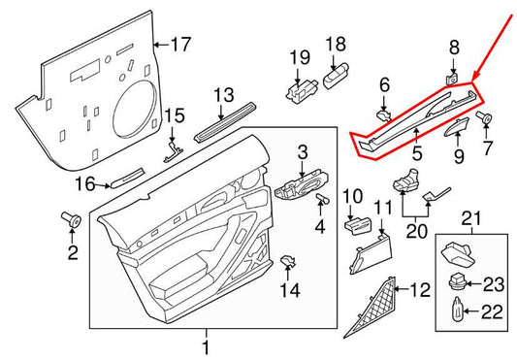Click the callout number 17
(x=180, y=44)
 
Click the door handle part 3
(x=319, y=201)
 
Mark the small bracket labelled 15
(x=174, y=145)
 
